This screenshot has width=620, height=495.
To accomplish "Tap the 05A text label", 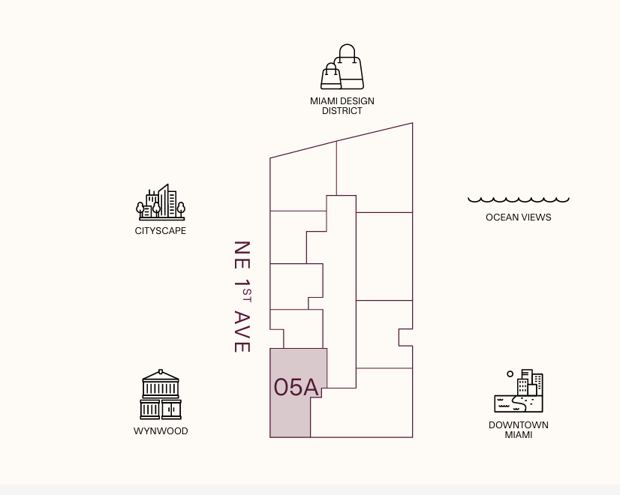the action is pyautogui.click(x=296, y=387).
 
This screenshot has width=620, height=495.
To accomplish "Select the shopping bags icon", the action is pyautogui.click(x=342, y=68).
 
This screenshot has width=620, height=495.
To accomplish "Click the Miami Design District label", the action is pyautogui.click(x=342, y=106).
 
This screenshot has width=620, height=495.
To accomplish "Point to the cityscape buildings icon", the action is pyautogui.click(x=161, y=202).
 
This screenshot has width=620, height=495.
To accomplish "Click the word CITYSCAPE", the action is pyautogui.click(x=161, y=231).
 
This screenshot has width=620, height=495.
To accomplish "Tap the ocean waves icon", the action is pyautogui.click(x=519, y=199).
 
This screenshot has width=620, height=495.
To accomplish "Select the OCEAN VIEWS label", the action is pyautogui.click(x=519, y=217).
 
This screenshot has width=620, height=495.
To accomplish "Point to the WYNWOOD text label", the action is pyautogui.click(x=161, y=431).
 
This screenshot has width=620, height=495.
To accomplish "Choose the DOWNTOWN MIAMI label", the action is pyautogui.click(x=519, y=430).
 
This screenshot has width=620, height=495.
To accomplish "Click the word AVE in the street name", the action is pyautogui.click(x=241, y=331).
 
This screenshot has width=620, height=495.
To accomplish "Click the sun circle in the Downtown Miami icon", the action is pyautogui.click(x=510, y=373).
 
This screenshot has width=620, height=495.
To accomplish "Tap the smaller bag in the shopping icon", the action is pyautogui.click(x=331, y=76).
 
